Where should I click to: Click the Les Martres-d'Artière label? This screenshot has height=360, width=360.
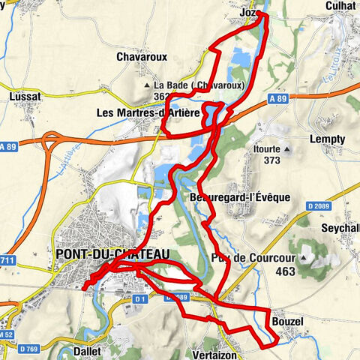coord(148,113)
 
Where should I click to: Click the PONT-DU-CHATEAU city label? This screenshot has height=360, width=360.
coord(112,255)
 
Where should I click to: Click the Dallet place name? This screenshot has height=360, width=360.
coord(91,350)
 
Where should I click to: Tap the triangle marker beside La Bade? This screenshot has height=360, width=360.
coord(148,85)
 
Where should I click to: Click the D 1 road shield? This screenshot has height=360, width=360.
coord(139,299)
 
